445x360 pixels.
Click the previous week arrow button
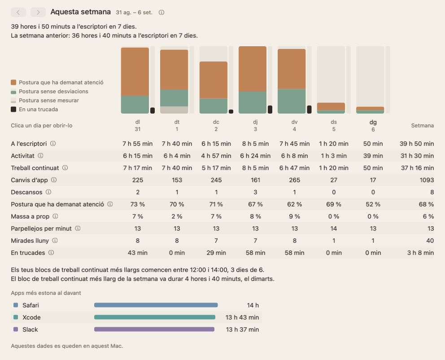18,12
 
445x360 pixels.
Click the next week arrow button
38,12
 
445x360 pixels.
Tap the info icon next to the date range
161,13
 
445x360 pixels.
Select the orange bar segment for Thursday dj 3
253,69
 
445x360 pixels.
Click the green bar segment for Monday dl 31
135,105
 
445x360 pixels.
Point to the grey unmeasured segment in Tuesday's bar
174,110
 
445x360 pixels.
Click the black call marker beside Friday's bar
310,110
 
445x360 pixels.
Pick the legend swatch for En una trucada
13,110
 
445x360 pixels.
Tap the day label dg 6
373,126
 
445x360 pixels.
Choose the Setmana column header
422,126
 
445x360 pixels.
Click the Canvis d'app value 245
216,180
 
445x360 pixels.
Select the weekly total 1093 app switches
427,180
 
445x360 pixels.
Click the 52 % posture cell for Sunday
373,204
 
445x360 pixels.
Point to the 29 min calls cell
216,253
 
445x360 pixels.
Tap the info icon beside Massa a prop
55,216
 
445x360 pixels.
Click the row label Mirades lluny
30,241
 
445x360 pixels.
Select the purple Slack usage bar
154,329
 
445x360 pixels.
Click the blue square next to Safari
16,305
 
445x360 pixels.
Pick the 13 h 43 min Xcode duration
242,317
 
